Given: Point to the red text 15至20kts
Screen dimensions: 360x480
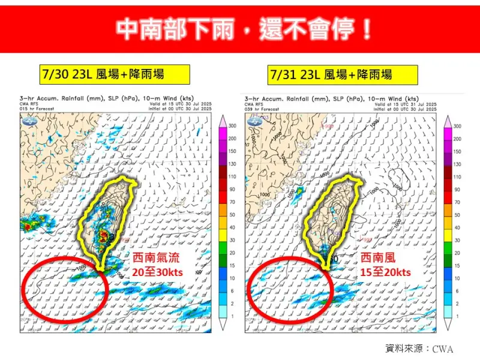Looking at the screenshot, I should tap(385, 272).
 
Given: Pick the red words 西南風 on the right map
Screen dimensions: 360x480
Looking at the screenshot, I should tap(379, 259).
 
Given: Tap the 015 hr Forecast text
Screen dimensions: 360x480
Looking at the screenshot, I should tap(37, 109).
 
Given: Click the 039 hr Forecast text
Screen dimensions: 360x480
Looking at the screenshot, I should tap(262, 109).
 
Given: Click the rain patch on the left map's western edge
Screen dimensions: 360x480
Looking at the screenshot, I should tap(28, 226).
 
